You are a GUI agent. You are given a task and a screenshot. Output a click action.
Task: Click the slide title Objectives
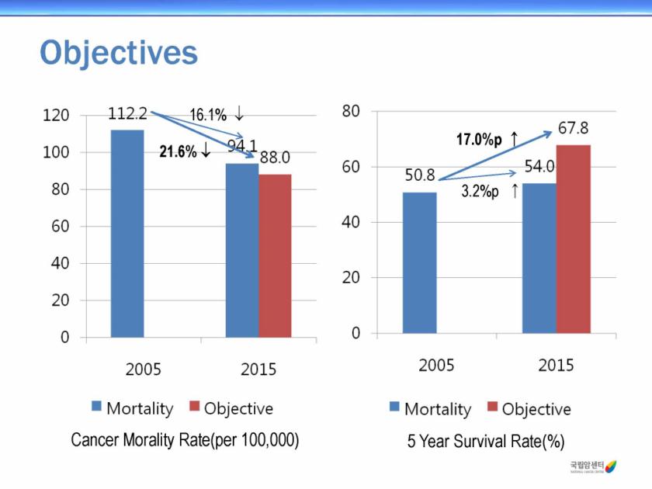coord(119,54)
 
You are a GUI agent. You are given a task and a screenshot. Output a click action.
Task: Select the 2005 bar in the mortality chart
coord(127,233)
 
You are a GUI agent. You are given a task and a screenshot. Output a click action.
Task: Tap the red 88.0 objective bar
coord(275,255)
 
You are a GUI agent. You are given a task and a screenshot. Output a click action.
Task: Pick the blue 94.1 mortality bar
coord(242,250)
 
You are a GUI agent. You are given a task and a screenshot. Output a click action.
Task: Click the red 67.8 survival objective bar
coord(573,238)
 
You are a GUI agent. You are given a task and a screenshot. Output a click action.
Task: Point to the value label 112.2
coord(127,114)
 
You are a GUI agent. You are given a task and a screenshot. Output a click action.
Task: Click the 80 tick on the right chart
coord(351,111)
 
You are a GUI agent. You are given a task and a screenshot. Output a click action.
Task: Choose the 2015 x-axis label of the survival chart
coord(556,366)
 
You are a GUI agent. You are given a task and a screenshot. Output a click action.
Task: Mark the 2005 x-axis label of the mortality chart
coord(144,369)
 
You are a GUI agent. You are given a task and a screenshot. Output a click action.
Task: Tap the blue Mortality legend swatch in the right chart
coord(395,407)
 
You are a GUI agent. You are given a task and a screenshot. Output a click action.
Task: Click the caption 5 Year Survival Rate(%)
coord(486,442)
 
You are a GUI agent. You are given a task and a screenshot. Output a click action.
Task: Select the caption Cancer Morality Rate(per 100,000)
coord(185,440)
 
